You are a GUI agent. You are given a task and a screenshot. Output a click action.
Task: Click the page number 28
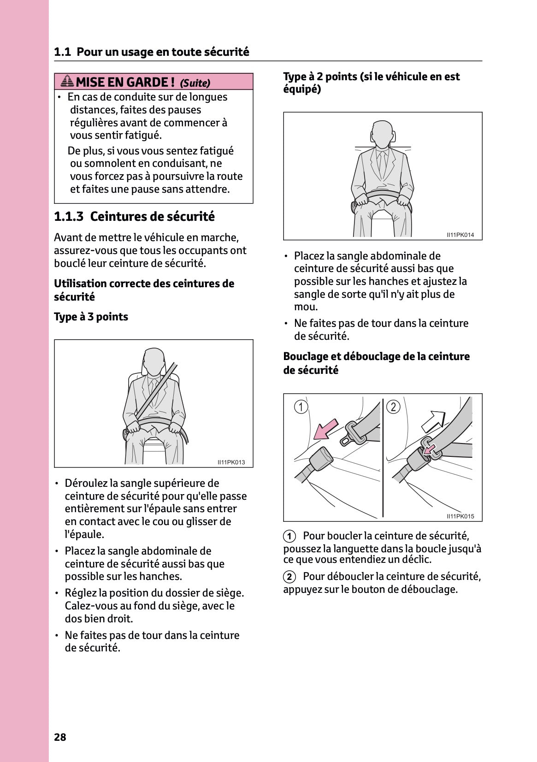coord(60,737)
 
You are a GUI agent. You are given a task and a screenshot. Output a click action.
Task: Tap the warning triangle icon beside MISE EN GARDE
coord(67,82)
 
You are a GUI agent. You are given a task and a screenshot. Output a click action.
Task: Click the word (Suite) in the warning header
coord(195,83)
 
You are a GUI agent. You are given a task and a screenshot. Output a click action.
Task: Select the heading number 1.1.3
coord(69,216)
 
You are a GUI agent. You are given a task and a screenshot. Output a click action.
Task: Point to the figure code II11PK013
coord(231,462)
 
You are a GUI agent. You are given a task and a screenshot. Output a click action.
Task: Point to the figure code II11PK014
coord(460,235)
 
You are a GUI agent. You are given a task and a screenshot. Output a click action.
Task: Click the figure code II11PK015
coord(460,516)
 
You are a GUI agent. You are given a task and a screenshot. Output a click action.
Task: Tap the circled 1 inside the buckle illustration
coord(301,407)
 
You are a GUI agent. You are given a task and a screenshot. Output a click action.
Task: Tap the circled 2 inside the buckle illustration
coord(393,407)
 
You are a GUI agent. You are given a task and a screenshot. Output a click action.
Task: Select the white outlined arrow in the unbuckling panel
coord(433,421)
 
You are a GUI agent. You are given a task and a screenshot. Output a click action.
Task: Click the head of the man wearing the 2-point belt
coord(383,133)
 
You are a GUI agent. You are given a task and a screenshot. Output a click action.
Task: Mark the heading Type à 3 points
coord(91,317)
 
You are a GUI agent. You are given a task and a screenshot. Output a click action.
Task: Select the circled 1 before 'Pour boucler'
coord(289,536)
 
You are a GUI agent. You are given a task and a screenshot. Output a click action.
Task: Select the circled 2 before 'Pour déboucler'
coord(289,577)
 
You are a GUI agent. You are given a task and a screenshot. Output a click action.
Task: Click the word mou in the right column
coord(305,307)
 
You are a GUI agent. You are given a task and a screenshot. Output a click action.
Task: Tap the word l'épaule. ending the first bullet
coord(84,534)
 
